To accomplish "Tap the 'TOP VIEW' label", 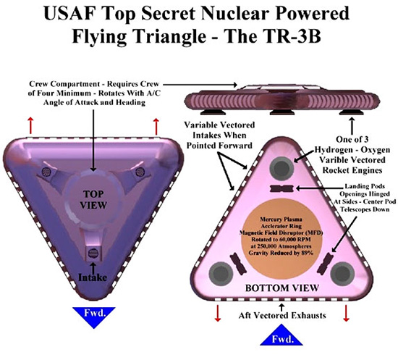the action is [x=93, y=200].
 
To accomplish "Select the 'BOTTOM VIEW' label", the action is [x=281, y=288].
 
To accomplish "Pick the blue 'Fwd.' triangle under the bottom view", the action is [x=281, y=335].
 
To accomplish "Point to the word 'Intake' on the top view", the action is [x=93, y=277].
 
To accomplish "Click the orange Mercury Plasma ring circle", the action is [x=281, y=237].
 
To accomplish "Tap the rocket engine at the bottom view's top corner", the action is [x=281, y=167].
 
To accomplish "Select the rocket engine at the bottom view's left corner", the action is [x=221, y=274].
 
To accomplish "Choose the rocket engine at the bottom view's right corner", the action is [x=342, y=274].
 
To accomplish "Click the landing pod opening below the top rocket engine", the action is [x=281, y=188].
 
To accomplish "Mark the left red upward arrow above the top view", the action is [x=30, y=125].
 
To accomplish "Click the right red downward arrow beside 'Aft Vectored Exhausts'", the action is [x=346, y=313].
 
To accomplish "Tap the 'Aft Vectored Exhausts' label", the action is [x=282, y=316].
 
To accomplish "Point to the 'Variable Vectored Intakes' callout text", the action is [x=219, y=135].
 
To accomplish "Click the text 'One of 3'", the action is [x=352, y=140].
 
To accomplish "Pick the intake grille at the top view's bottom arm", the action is [x=93, y=253].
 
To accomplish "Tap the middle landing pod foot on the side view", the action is [x=281, y=112].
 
